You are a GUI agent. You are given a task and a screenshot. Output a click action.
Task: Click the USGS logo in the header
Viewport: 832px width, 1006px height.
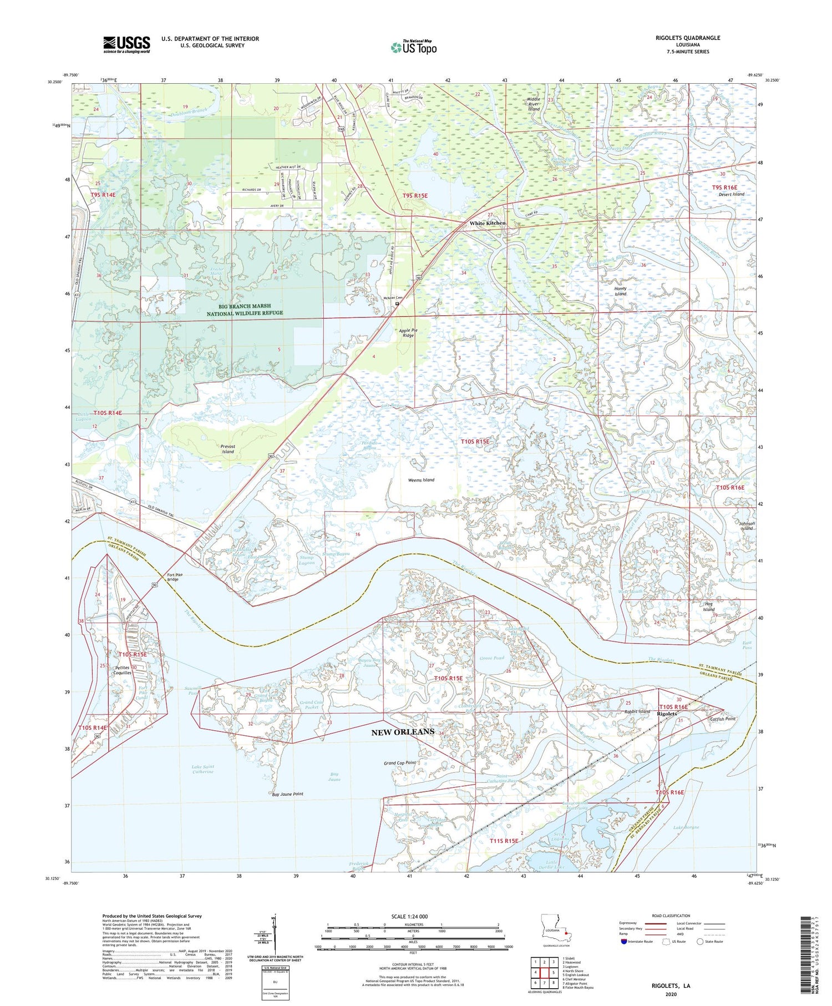click(x=126, y=44)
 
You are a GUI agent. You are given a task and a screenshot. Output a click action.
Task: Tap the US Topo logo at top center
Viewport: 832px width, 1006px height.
click(x=414, y=48)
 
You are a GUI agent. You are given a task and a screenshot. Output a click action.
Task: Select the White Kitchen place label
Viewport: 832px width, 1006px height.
click(x=488, y=223)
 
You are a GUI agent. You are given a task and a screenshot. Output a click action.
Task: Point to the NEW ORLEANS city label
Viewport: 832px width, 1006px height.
click(x=403, y=732)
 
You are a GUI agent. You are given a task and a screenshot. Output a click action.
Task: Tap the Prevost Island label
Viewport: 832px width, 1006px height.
click(x=228, y=449)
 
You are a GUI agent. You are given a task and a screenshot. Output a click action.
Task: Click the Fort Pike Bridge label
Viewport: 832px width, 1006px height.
click(x=173, y=577)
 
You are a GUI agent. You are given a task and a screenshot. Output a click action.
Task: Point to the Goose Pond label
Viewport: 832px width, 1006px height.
click(x=492, y=658)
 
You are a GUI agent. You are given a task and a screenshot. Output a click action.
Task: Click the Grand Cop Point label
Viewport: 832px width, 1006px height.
click(x=400, y=763)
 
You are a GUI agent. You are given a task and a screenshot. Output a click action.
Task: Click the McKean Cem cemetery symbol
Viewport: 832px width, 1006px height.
click(x=397, y=304)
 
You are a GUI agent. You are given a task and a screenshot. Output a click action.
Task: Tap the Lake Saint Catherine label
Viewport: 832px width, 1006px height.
click(x=204, y=769)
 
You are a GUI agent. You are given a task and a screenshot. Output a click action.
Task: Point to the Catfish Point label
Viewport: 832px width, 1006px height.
click(x=723, y=719)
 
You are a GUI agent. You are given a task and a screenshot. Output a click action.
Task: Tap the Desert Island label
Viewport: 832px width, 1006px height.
click(x=731, y=194)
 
